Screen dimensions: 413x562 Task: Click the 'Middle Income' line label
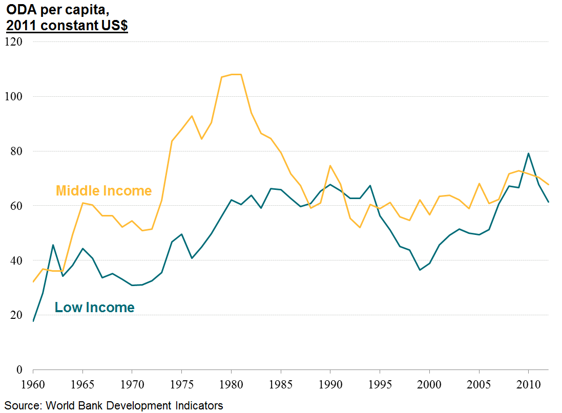coord(103,191)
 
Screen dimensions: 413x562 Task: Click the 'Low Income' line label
coord(94,308)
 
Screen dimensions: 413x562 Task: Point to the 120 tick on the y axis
coord(17,41)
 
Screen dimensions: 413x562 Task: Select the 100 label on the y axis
coord(17,96)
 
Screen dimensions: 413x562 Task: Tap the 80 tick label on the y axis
coord(19,151)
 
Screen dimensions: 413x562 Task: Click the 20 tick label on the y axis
coord(19,315)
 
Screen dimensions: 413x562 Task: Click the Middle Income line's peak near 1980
coord(236,74)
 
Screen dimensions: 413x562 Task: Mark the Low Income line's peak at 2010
coord(528,153)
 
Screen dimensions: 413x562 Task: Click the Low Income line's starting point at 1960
coord(33,321)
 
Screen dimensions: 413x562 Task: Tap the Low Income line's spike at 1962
coord(53,245)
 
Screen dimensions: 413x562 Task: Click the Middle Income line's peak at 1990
coord(330,165)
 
